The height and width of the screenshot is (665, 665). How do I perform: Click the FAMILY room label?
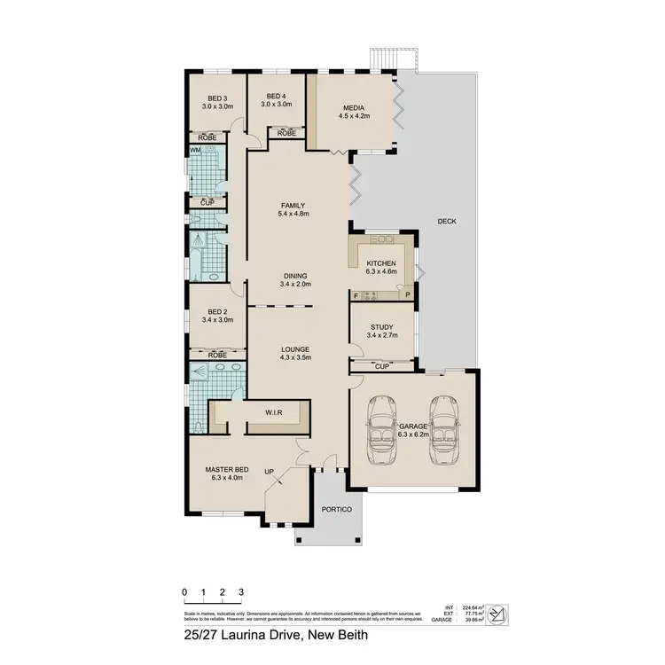point(292,206)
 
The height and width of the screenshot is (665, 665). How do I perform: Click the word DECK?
point(446,221)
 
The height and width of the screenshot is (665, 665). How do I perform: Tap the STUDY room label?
point(381,327)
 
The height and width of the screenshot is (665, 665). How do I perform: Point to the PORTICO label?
point(337,509)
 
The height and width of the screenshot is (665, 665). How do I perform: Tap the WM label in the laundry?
point(194,151)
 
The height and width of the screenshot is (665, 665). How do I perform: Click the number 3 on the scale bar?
point(240,592)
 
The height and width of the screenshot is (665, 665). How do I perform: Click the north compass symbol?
point(500,611)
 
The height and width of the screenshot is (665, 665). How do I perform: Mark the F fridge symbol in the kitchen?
point(356,294)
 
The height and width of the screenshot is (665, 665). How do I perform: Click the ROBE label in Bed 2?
point(216,355)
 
